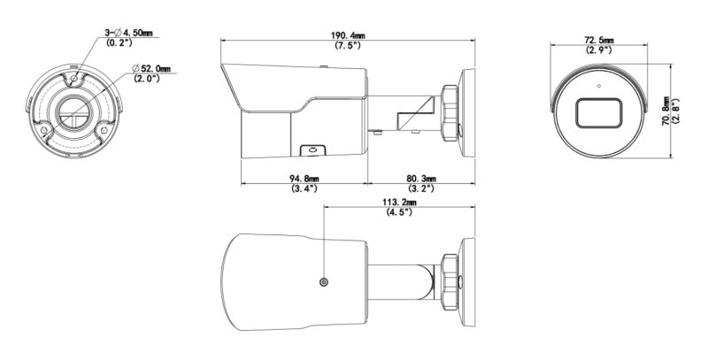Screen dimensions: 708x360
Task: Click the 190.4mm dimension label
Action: click(x=348, y=35)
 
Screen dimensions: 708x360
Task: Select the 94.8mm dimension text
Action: click(x=304, y=180)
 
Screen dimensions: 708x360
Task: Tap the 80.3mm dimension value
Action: click(x=421, y=180)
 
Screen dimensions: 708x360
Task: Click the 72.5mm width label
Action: click(x=599, y=41)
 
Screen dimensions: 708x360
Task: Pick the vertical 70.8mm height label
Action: click(x=666, y=111)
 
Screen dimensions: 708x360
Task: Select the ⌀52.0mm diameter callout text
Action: click(x=151, y=69)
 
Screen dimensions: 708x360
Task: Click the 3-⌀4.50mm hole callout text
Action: click(x=128, y=33)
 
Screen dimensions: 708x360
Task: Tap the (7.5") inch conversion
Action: click(x=348, y=45)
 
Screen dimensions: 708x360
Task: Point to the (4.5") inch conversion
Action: click(x=400, y=211)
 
